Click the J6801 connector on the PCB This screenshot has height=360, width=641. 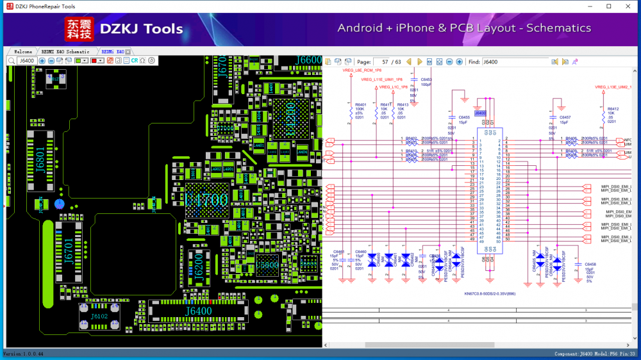coord(40,164)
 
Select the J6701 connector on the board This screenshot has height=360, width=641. coord(69,250)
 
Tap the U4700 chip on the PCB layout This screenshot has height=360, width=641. coord(206,200)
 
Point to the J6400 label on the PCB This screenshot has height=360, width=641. coord(199,311)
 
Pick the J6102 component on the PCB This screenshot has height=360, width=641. coord(99,316)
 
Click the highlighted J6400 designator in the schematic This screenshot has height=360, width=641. coord(481,113)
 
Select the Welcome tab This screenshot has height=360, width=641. coord(23,51)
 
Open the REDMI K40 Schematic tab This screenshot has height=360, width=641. coord(65,51)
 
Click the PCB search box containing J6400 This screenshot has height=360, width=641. coord(26,61)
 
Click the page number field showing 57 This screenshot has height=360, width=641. coord(383,62)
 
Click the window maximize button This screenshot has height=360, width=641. coord(608,6)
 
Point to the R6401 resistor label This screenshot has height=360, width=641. coord(360,104)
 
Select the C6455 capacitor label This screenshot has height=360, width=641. coord(463,118)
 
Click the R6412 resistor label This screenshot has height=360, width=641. coord(613,109)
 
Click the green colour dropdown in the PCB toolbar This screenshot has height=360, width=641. coord(81,61)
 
